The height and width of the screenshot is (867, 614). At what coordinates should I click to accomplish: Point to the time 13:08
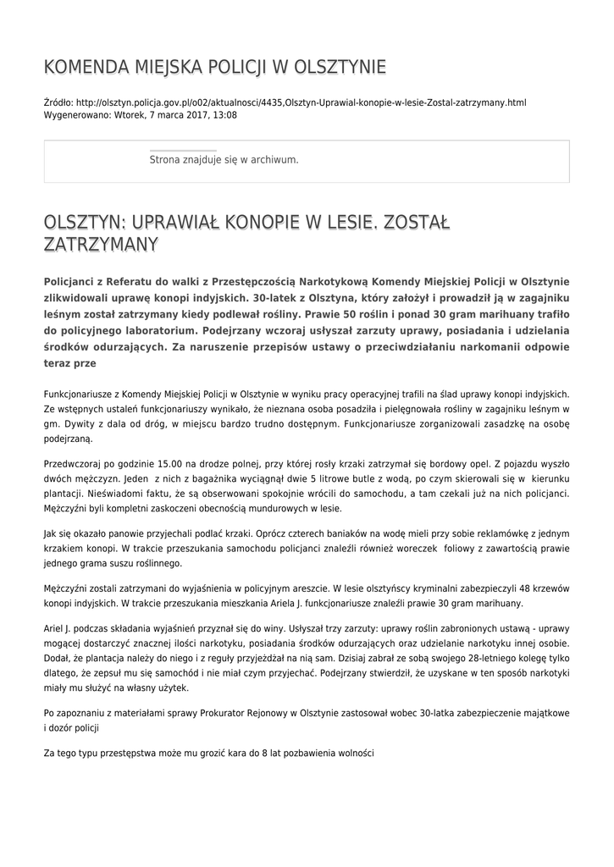click(225, 114)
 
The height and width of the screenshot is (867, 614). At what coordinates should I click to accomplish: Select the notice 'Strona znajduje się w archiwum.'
click(224, 159)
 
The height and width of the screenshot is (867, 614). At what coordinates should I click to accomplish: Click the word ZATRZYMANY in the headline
click(101, 245)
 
